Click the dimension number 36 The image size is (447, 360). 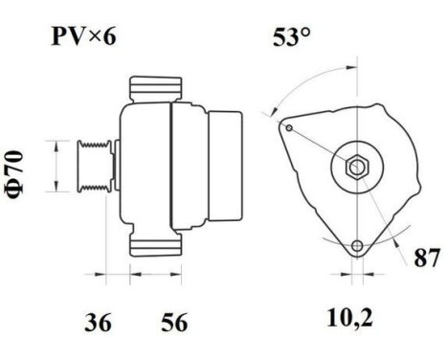click(99, 323)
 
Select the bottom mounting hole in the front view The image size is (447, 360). click(357, 247)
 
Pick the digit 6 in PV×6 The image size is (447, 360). click(113, 37)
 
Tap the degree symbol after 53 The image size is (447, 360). click(305, 34)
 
